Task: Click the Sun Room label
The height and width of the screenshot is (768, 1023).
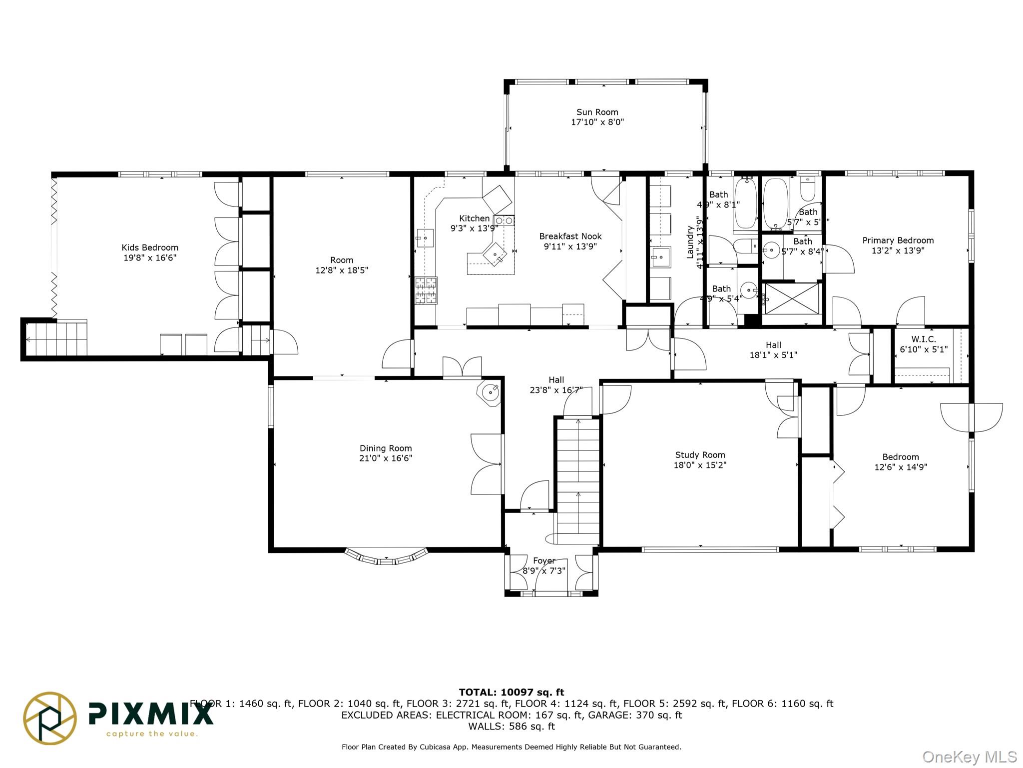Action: coord(597,112)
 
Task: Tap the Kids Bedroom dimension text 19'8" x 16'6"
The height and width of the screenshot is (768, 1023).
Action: coord(150,258)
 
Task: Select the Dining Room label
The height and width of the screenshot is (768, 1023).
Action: coord(386,448)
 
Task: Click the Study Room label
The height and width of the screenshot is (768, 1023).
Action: coord(700,455)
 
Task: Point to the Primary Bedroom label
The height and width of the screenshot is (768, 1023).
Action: coord(898,240)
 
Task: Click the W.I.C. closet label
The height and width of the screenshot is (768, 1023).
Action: coord(923,339)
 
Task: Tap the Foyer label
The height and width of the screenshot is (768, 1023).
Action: coord(544,561)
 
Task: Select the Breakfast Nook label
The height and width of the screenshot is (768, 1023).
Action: coord(570,236)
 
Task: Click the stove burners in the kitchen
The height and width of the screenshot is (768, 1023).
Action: coord(426,290)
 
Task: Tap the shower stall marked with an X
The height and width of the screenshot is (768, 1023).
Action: coord(792,298)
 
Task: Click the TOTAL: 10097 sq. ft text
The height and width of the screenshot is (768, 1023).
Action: coord(511,692)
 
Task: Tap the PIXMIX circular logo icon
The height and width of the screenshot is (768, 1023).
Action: coord(50,718)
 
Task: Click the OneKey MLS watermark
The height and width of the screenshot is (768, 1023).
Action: coord(969,757)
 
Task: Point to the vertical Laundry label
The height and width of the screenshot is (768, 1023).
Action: coord(690,242)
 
